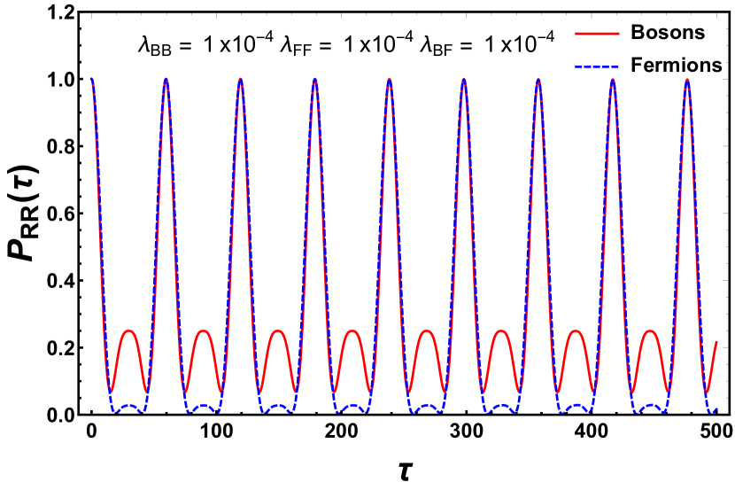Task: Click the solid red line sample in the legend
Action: (x=597, y=34)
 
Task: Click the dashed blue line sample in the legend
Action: (x=597, y=66)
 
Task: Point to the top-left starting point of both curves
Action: (x=91, y=80)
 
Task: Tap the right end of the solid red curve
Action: (x=716, y=341)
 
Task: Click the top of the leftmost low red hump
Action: (x=129, y=331)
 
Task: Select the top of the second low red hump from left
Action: (x=204, y=331)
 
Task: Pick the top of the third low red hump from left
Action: (x=278, y=331)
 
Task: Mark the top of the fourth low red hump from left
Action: (x=352, y=331)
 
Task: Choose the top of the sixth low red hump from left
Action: (x=501, y=331)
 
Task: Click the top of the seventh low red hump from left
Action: (x=576, y=331)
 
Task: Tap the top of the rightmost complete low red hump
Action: (x=650, y=331)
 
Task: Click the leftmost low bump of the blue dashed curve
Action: (x=129, y=406)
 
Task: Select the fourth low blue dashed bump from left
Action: (x=352, y=406)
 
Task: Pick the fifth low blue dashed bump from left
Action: (x=427, y=406)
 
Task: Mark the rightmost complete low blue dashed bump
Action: (x=650, y=406)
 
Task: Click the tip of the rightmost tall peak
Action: (x=687, y=80)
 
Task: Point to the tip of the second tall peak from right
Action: (x=613, y=80)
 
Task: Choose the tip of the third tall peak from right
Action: (x=538, y=80)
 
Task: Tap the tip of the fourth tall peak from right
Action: (x=464, y=80)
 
